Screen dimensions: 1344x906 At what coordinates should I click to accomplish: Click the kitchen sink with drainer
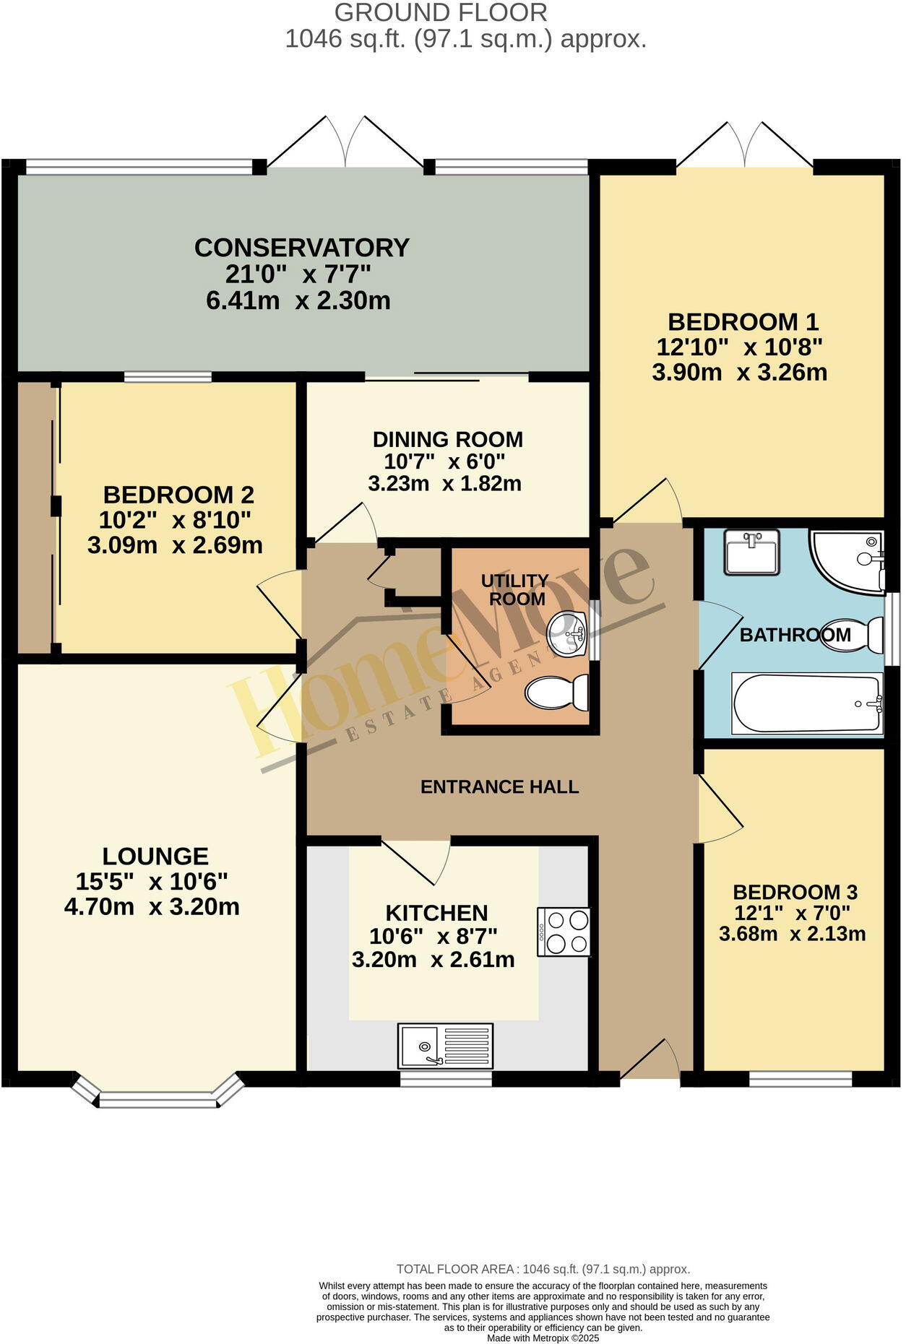(x=445, y=1045)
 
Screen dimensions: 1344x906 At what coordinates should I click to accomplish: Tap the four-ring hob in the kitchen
(x=564, y=932)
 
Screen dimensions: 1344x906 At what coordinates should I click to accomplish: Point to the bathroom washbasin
(x=752, y=552)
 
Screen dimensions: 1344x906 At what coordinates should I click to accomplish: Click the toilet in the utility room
(x=557, y=693)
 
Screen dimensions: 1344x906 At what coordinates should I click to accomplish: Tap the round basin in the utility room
(x=566, y=634)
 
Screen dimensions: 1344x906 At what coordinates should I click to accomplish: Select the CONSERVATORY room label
(x=302, y=248)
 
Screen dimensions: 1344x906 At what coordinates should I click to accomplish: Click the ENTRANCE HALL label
(x=499, y=786)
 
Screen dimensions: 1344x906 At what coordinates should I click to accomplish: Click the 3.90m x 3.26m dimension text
(x=739, y=373)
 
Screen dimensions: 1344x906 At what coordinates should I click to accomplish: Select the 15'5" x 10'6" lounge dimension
(x=152, y=882)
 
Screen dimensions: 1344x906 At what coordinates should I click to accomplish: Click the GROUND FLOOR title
(x=441, y=12)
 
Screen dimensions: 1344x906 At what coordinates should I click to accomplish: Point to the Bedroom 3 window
(x=801, y=1079)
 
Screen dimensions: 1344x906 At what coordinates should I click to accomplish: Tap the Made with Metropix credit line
(x=543, y=1338)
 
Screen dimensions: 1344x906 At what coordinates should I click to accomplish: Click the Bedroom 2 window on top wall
(x=168, y=376)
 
